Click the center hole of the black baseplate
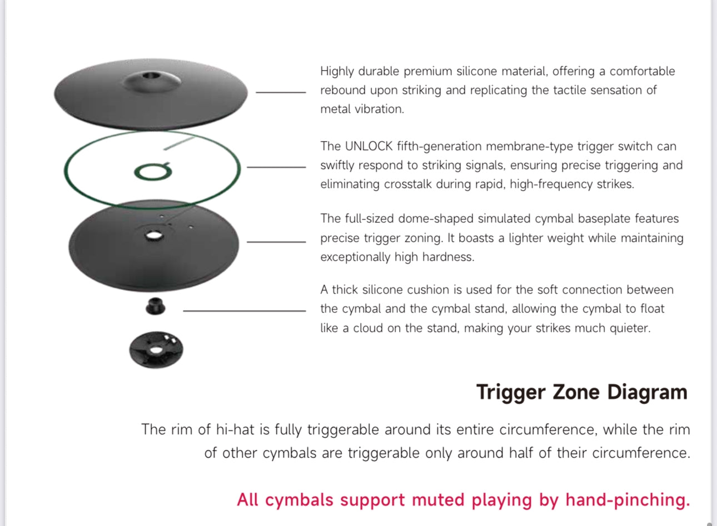pyautogui.click(x=153, y=236)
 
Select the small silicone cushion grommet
pyautogui.click(x=156, y=306)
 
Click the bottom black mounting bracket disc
pyautogui.click(x=156, y=350)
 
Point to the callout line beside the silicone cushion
pyautogui.click(x=244, y=311)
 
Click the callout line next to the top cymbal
pyautogui.click(x=280, y=92)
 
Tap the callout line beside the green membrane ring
pyautogui.click(x=276, y=166)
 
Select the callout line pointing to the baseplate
pyautogui.click(x=276, y=241)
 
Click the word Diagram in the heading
pyautogui.click(x=647, y=392)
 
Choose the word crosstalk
pyautogui.click(x=407, y=184)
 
